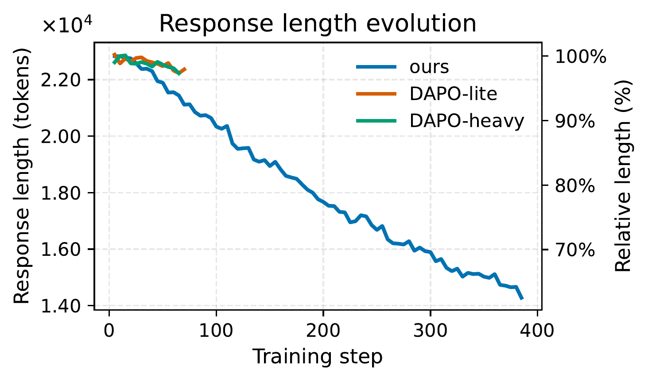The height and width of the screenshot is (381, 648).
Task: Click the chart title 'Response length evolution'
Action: (x=318, y=23)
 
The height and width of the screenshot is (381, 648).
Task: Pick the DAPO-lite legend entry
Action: (x=453, y=94)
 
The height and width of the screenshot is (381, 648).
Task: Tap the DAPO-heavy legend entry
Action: (x=466, y=120)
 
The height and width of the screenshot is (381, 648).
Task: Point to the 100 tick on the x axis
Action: (x=216, y=331)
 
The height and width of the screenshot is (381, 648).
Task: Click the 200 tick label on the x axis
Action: (x=323, y=331)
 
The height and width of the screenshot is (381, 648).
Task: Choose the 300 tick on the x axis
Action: (x=430, y=331)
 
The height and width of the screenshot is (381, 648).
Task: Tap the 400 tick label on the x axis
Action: (x=537, y=331)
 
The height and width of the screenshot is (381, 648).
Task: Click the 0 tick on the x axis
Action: (x=109, y=331)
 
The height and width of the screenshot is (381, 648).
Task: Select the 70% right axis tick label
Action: (x=574, y=250)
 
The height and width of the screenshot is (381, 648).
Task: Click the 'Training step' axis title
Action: (x=318, y=357)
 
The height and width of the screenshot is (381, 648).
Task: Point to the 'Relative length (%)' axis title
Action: (x=623, y=176)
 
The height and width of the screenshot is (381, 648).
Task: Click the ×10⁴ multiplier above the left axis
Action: (x=67, y=26)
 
